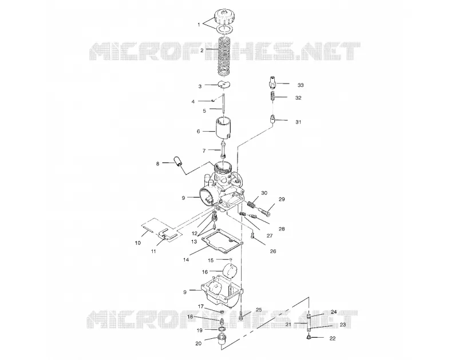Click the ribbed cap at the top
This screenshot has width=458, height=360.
point(225,18)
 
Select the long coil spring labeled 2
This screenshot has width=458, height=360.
point(224,56)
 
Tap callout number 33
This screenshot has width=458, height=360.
point(301,85)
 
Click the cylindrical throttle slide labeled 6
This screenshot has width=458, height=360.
point(223,128)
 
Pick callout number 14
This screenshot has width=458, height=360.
point(186,260)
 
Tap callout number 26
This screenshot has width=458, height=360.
point(273,251)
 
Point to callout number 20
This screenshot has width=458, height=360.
point(198,343)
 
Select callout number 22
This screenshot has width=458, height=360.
point(333,338)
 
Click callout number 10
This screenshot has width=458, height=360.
point(138,243)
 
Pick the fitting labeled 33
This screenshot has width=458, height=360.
point(273,82)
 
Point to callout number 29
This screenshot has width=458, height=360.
point(282,199)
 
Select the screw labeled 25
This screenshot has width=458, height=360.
point(240,315)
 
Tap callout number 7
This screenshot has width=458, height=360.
point(204,151)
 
